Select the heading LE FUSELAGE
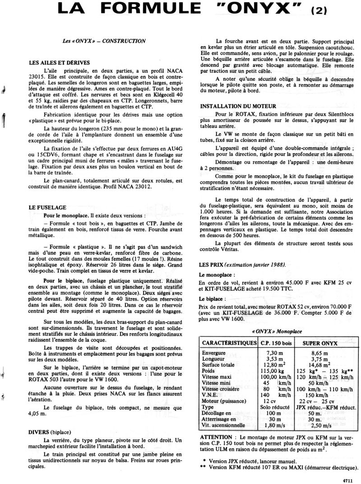coord(47,208)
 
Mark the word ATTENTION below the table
coord(217,437)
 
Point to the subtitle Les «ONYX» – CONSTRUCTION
coord(104,41)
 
